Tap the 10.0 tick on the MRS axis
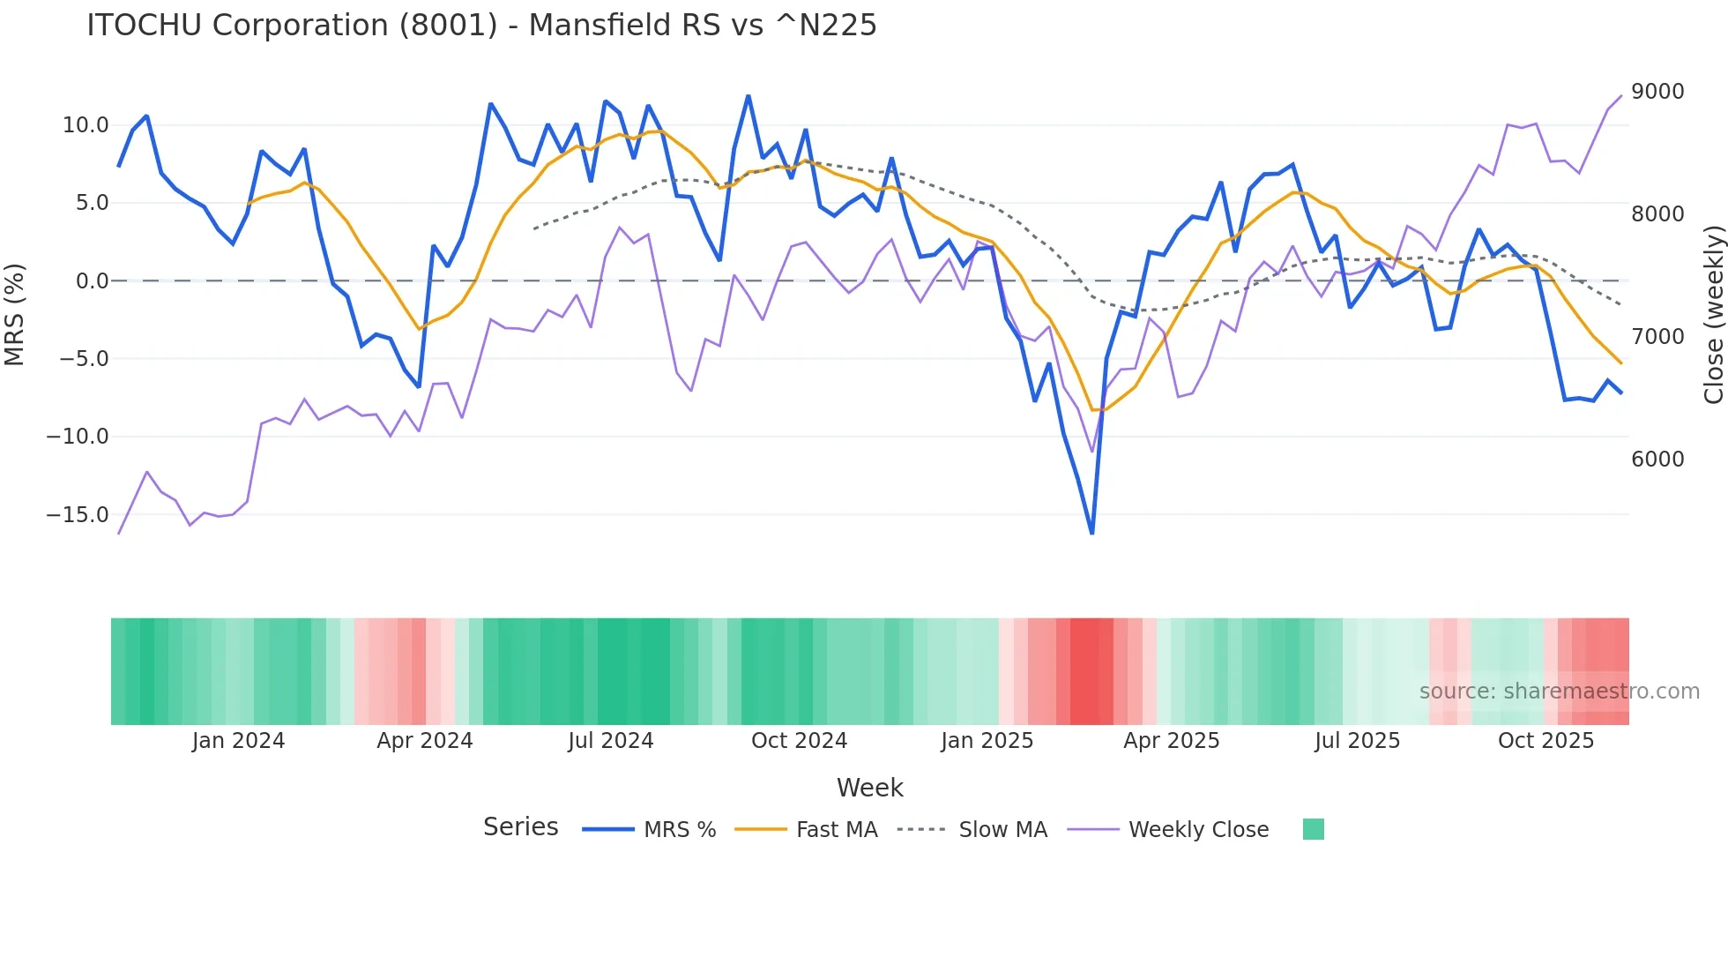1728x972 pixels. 86,125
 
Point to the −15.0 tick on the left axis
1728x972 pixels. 78,514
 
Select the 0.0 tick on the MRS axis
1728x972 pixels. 92,281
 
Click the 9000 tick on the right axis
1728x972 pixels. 1657,92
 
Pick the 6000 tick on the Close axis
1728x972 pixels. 1657,460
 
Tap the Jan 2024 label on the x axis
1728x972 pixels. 238,741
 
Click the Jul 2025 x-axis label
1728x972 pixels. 1357,741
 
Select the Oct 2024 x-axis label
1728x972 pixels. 799,741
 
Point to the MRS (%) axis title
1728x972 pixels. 15,314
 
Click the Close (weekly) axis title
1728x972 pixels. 1713,314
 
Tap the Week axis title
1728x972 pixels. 869,788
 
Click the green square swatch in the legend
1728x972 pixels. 1313,829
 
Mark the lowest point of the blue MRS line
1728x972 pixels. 1092,533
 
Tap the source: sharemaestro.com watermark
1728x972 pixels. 1559,692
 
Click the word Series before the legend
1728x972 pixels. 520,827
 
